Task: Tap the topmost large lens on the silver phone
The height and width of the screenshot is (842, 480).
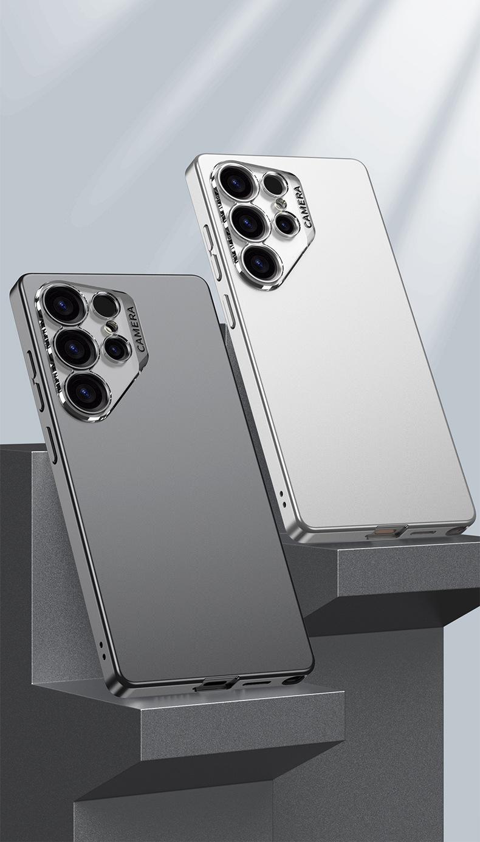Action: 239,184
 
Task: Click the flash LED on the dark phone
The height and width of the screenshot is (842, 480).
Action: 111,327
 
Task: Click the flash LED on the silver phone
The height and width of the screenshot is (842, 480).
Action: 280,204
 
